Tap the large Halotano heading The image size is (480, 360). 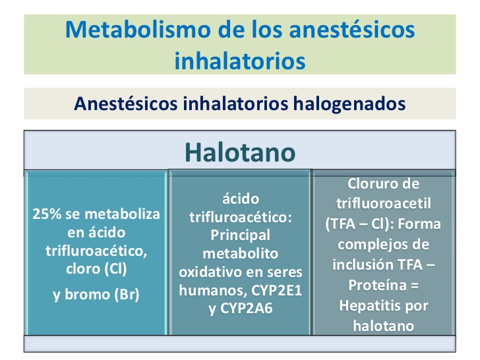pyautogui.click(x=239, y=152)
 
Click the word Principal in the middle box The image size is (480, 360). pyautogui.click(x=239, y=235)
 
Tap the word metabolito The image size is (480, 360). pyautogui.click(x=239, y=254)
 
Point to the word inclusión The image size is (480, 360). pyautogui.click(x=369, y=265)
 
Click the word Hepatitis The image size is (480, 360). pyautogui.click(x=372, y=306)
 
